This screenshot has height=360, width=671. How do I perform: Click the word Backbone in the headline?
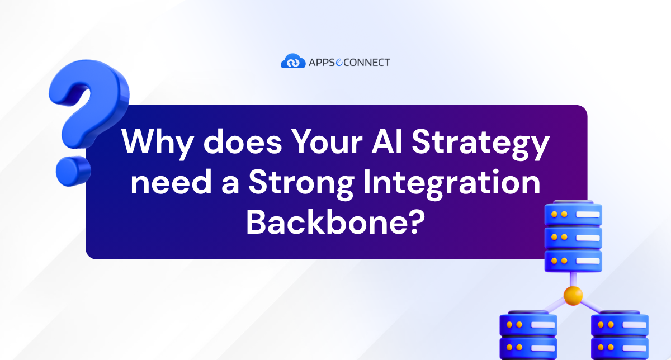[324, 222]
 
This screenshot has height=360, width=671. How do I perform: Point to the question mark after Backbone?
[413, 222]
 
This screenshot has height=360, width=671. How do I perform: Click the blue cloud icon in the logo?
[292, 61]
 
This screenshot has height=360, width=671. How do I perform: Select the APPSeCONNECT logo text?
[349, 62]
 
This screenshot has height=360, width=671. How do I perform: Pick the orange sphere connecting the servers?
[573, 295]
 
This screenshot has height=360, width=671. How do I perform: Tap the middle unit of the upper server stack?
[573, 236]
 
